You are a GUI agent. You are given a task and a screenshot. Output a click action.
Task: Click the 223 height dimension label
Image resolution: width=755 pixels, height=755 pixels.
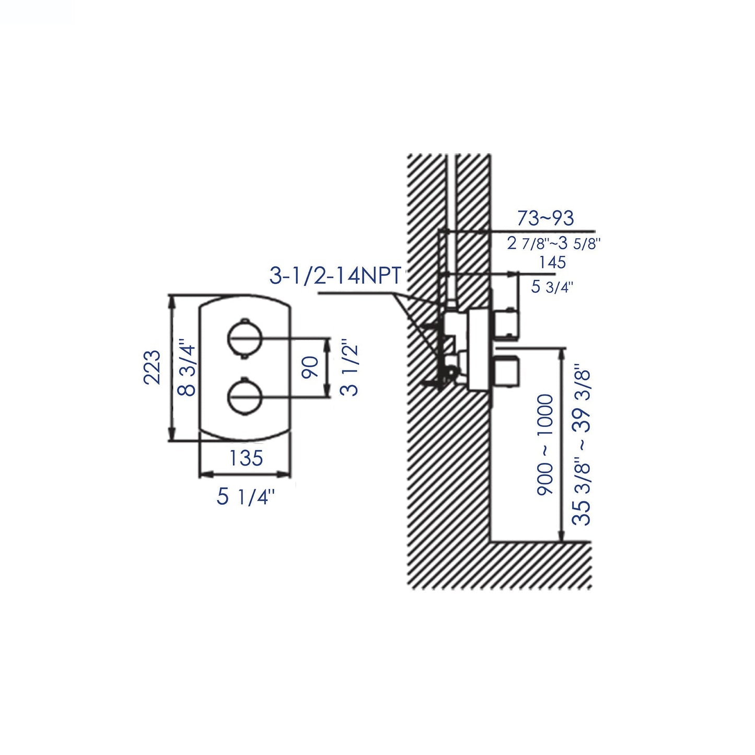pyautogui.click(x=152, y=367)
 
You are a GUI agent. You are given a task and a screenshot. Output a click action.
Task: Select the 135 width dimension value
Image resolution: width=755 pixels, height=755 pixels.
pyautogui.click(x=246, y=458)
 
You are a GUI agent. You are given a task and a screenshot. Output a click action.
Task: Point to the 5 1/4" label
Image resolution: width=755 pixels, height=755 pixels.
pyautogui.click(x=246, y=497)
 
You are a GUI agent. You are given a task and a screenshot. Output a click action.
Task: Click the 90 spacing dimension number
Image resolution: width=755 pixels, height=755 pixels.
pyautogui.click(x=310, y=368)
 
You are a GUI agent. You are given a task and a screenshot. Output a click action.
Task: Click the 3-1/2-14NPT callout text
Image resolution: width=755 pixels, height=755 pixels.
pyautogui.click(x=335, y=275)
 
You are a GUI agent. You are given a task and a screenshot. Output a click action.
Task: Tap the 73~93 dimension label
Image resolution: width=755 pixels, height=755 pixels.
pyautogui.click(x=545, y=218)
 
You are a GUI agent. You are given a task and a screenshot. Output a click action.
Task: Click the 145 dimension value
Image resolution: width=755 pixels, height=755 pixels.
pyautogui.click(x=552, y=262)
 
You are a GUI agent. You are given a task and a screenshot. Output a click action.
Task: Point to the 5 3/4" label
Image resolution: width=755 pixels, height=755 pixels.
pyautogui.click(x=552, y=286)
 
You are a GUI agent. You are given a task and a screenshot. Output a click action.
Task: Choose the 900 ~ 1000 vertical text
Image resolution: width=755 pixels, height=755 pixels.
pyautogui.click(x=545, y=445)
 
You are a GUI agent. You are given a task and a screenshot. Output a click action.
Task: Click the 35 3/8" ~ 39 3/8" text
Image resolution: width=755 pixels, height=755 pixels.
pyautogui.click(x=581, y=445)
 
